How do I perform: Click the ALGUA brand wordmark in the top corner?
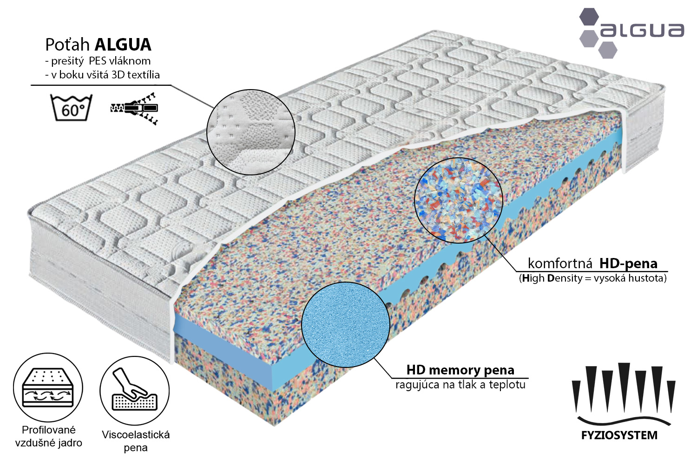642,31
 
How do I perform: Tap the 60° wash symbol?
71,108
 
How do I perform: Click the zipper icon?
134,109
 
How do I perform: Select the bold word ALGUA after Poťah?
123,45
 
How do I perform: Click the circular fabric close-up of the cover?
251,132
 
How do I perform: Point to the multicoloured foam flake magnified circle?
458,200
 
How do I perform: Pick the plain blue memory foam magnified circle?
346,324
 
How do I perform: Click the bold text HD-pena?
628,264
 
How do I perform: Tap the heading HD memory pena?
460,370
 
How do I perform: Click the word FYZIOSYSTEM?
619,435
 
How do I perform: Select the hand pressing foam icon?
135,390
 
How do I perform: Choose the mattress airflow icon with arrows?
48,388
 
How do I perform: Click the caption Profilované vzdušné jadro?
48,436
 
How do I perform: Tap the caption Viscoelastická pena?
136,441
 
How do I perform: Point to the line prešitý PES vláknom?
98,61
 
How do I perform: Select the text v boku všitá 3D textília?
102,75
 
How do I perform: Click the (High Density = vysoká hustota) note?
593,278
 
